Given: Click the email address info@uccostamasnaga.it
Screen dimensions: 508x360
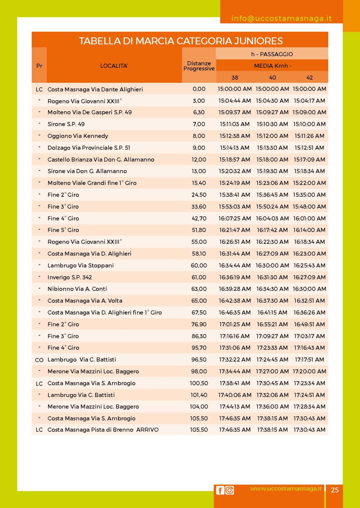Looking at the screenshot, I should (281, 19).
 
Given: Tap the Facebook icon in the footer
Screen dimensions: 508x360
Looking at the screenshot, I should (220, 490).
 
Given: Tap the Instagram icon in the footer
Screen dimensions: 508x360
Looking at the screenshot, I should (229, 490).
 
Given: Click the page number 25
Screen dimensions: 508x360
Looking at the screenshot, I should (334, 490).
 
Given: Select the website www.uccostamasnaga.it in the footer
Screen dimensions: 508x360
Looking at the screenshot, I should (286, 489).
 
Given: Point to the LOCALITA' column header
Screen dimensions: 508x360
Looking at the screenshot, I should (114, 66).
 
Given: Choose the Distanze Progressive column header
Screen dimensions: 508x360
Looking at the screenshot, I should (199, 66).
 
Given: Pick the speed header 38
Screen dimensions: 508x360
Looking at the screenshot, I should (235, 78).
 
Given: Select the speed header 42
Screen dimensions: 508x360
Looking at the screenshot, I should (310, 78).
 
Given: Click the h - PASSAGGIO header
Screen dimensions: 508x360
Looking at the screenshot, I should (272, 54).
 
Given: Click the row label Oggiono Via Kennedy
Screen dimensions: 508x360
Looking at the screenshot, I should (78, 136).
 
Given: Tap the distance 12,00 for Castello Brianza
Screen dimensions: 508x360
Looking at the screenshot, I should (199, 160).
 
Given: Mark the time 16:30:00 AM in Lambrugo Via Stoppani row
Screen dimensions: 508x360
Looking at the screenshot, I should (272, 265).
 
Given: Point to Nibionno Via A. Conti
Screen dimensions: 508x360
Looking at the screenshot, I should (77, 289).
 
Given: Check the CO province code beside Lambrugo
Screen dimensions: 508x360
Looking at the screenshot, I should (39, 360).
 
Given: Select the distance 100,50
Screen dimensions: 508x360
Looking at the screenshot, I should (199, 383).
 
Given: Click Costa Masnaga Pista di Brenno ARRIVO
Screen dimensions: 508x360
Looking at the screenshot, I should (103, 430).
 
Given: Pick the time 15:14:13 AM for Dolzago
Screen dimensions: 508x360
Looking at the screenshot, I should (235, 148).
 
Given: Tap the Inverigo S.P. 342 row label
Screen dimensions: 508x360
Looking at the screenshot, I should (70, 277).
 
